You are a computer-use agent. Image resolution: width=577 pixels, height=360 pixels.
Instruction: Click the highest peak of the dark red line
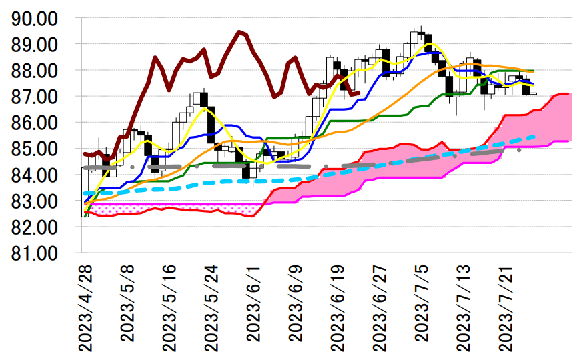pyautogui.click(x=239, y=31)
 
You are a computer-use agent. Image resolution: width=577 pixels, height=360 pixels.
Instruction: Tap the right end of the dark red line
pyautogui.click(x=359, y=93)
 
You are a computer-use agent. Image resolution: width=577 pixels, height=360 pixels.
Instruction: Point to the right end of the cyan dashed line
pyautogui.click(x=535, y=137)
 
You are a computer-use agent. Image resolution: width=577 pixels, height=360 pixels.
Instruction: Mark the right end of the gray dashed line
pyautogui.click(x=519, y=151)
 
